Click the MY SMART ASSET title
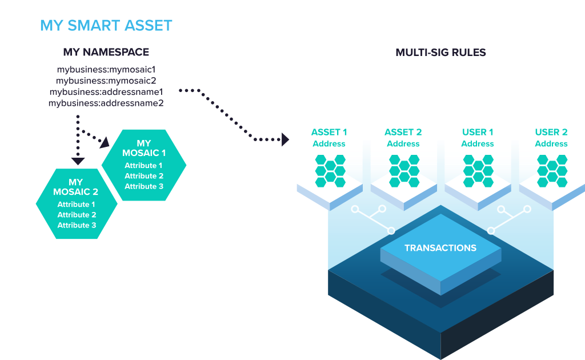point(106,26)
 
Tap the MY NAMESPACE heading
point(106,52)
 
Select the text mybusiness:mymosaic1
point(106,70)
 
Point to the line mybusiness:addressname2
point(106,103)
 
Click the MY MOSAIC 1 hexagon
point(144,165)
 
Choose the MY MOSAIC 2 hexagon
point(77,203)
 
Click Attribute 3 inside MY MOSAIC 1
point(144,186)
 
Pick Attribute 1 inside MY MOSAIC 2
point(77,205)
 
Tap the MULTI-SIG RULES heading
point(440,53)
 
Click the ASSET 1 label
point(329,133)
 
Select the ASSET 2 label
point(403,133)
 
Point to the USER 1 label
point(478,133)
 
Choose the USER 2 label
point(551,133)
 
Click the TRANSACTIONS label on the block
point(440,248)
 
